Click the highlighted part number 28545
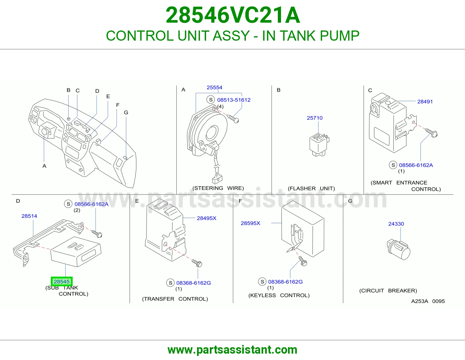click(x=62, y=282)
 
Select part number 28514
click(x=29, y=216)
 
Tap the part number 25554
click(x=214, y=87)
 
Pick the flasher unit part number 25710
click(x=314, y=118)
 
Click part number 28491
click(x=425, y=102)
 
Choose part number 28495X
click(x=207, y=218)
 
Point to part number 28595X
click(x=250, y=223)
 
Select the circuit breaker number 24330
click(x=396, y=224)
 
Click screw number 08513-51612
click(x=234, y=100)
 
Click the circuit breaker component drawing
click(x=399, y=249)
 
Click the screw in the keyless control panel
click(x=303, y=261)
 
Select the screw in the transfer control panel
click(x=197, y=263)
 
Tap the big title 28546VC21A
click(x=233, y=15)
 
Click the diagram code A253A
click(x=420, y=301)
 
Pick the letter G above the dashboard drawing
click(x=126, y=112)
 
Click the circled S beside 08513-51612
click(x=211, y=100)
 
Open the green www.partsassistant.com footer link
click(x=233, y=350)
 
